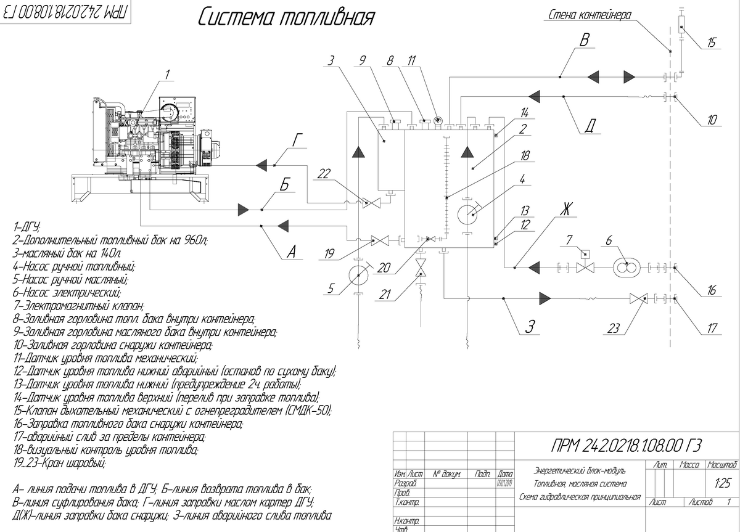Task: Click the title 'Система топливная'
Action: click(286, 17)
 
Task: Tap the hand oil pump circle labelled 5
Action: click(356, 274)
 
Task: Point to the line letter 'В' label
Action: click(586, 39)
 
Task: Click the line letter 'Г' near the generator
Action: click(298, 141)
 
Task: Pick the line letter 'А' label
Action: click(292, 252)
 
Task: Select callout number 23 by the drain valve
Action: click(614, 329)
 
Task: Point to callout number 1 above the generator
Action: click(166, 76)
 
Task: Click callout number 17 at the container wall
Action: click(713, 329)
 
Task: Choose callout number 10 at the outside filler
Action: click(712, 120)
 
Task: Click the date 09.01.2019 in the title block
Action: click(504, 483)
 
